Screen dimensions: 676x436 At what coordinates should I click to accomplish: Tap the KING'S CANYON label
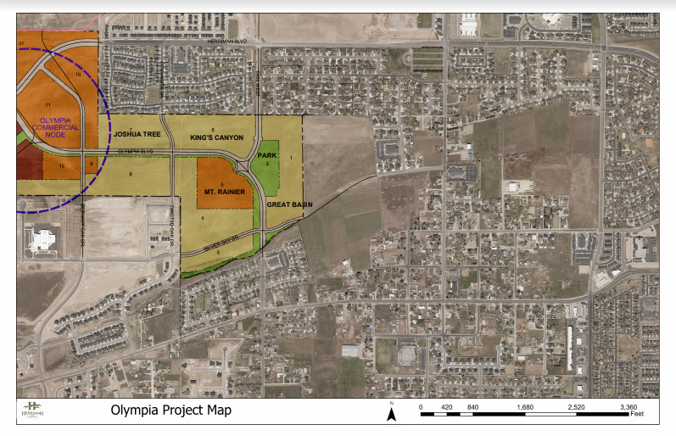click(216, 137)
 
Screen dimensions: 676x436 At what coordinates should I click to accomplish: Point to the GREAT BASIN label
click(290, 205)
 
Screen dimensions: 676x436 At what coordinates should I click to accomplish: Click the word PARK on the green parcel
click(267, 155)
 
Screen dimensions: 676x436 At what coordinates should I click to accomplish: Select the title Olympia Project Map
click(170, 411)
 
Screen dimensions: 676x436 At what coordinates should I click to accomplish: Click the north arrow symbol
click(391, 413)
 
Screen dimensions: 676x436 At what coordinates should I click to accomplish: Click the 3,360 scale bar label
click(628, 407)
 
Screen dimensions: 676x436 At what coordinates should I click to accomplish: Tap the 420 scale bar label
click(447, 407)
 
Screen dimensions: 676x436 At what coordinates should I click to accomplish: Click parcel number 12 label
click(63, 165)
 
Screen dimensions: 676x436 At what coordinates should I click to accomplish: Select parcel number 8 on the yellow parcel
click(131, 175)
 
